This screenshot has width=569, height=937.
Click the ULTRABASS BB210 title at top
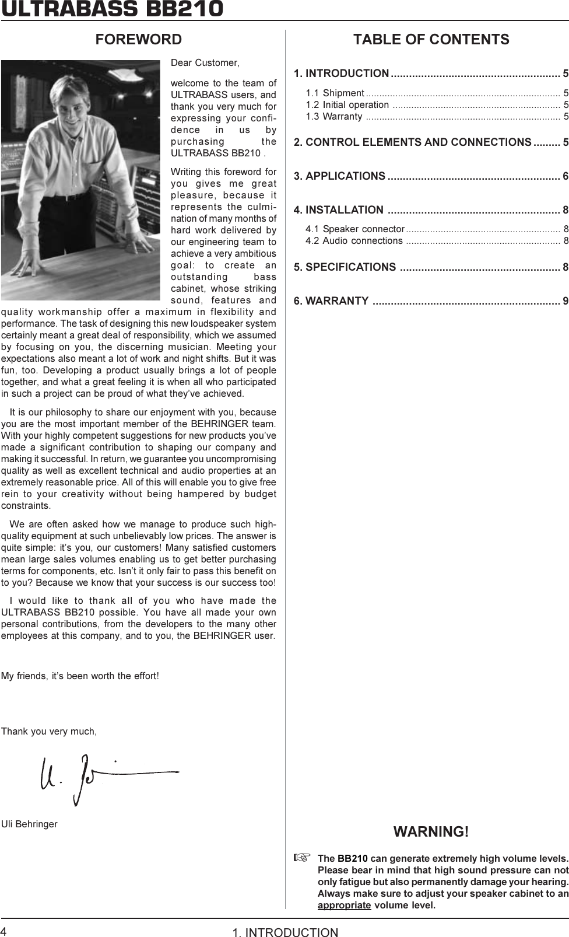(x=112, y=9)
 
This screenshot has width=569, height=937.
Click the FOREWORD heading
(x=139, y=40)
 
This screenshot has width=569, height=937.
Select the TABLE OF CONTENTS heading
(x=431, y=40)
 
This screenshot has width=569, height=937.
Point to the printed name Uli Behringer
(x=29, y=824)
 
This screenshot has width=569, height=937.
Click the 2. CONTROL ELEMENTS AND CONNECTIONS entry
(x=418, y=142)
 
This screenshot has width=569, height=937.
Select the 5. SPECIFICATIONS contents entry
(x=345, y=267)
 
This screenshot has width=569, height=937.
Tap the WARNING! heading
(x=431, y=831)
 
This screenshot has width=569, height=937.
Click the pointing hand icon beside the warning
(x=299, y=858)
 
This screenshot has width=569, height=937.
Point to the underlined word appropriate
(x=344, y=905)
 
